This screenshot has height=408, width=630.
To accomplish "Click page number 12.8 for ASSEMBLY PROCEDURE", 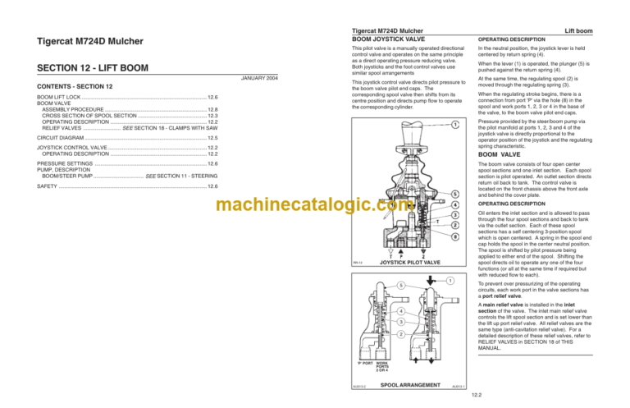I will point(212,109).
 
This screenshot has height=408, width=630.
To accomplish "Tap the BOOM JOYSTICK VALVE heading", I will point(388,39).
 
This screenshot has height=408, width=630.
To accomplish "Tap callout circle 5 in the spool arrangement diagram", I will point(379,285).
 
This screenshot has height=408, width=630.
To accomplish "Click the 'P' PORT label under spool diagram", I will point(366,361).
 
